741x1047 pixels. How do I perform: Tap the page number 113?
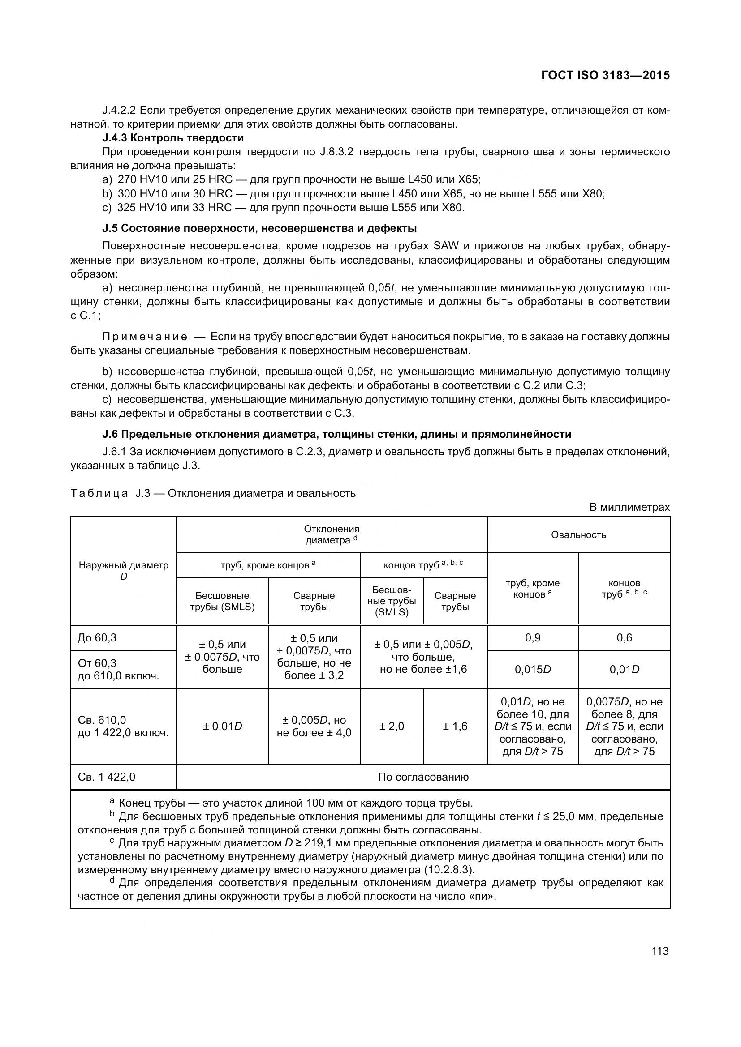660,951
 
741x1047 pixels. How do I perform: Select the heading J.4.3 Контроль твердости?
173,138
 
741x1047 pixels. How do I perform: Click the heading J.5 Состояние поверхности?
259,228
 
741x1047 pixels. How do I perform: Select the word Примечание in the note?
145,337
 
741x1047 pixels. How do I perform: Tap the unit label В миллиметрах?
629,507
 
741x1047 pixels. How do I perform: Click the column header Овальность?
578,534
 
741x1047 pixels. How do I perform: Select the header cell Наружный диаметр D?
123,570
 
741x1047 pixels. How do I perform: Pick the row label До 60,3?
97,637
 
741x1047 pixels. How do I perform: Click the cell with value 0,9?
533,637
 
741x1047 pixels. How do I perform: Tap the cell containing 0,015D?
533,669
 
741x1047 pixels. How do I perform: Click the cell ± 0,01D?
222,726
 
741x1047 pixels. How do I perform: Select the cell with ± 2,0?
392,726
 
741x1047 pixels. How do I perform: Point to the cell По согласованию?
423,777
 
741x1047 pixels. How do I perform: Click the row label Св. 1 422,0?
106,777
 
